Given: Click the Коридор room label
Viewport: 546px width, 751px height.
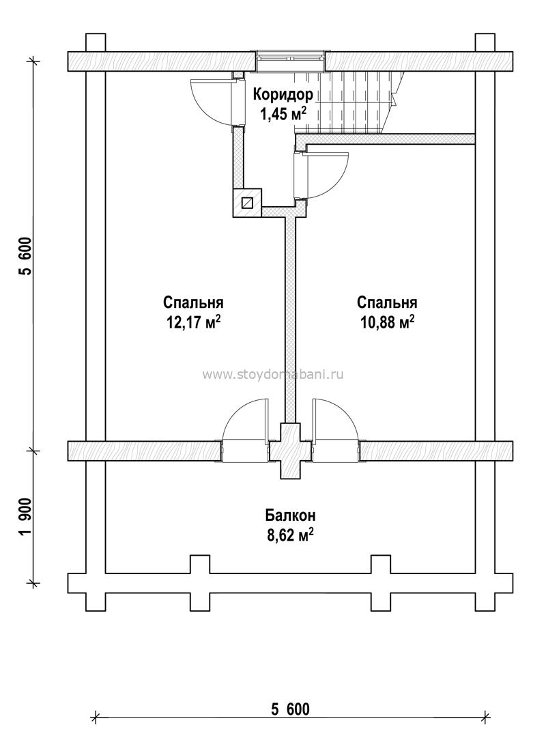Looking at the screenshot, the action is tap(283, 95).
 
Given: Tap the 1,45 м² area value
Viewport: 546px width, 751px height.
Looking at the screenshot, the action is tap(283, 114).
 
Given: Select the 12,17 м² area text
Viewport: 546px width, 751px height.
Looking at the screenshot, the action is tap(194, 322).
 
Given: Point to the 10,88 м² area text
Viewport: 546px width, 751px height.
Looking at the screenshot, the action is tap(387, 322).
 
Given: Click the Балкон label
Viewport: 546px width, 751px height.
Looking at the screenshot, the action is tap(290, 516).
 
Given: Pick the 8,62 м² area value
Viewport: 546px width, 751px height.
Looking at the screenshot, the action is tap(290, 535).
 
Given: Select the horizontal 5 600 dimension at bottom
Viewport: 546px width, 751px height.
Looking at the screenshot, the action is tap(290, 709).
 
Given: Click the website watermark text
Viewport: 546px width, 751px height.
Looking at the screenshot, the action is tap(273, 375).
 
